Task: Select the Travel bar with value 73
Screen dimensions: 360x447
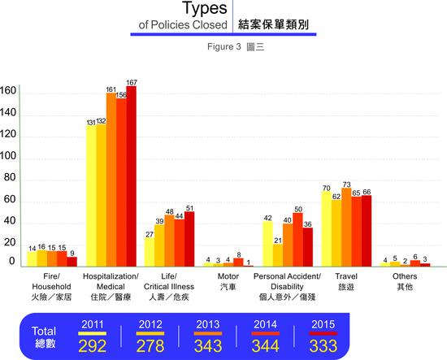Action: coord(346,228)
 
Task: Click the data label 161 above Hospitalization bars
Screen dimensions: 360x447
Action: coord(111,89)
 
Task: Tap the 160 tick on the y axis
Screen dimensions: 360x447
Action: coord(8,90)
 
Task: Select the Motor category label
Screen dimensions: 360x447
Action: coord(228,282)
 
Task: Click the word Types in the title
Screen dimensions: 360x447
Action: coord(204,11)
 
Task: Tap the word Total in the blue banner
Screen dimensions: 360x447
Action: coord(44,331)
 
